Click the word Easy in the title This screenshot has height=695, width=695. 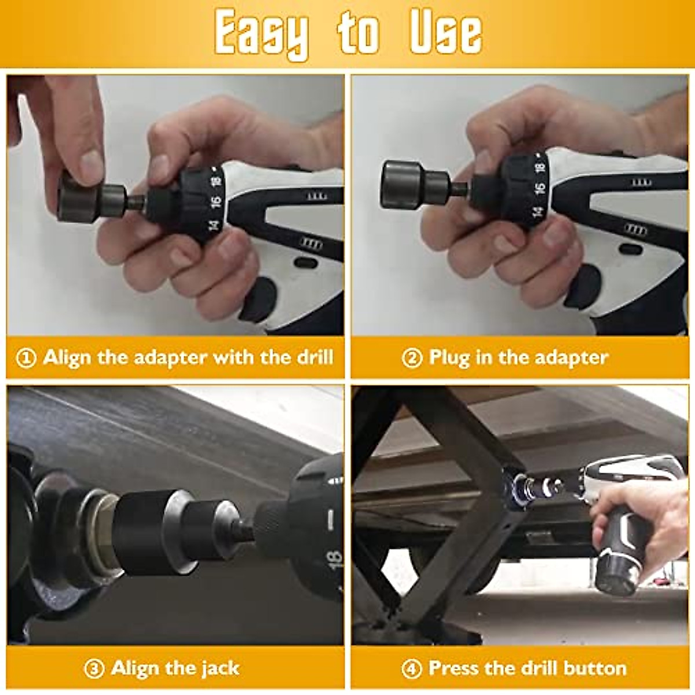click(261, 33)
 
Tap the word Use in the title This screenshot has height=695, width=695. click(445, 32)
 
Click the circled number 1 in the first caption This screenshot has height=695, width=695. click(26, 358)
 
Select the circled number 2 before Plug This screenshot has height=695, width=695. click(412, 358)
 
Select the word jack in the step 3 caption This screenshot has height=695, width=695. click(220, 668)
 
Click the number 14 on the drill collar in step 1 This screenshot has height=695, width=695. click(214, 225)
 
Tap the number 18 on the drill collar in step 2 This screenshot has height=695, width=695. click(540, 167)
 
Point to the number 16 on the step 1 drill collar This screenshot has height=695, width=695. click(215, 202)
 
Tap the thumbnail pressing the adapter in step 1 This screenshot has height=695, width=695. click(91, 163)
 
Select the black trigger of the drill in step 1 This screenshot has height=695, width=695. click(258, 299)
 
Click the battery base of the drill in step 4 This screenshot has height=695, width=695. click(617, 576)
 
